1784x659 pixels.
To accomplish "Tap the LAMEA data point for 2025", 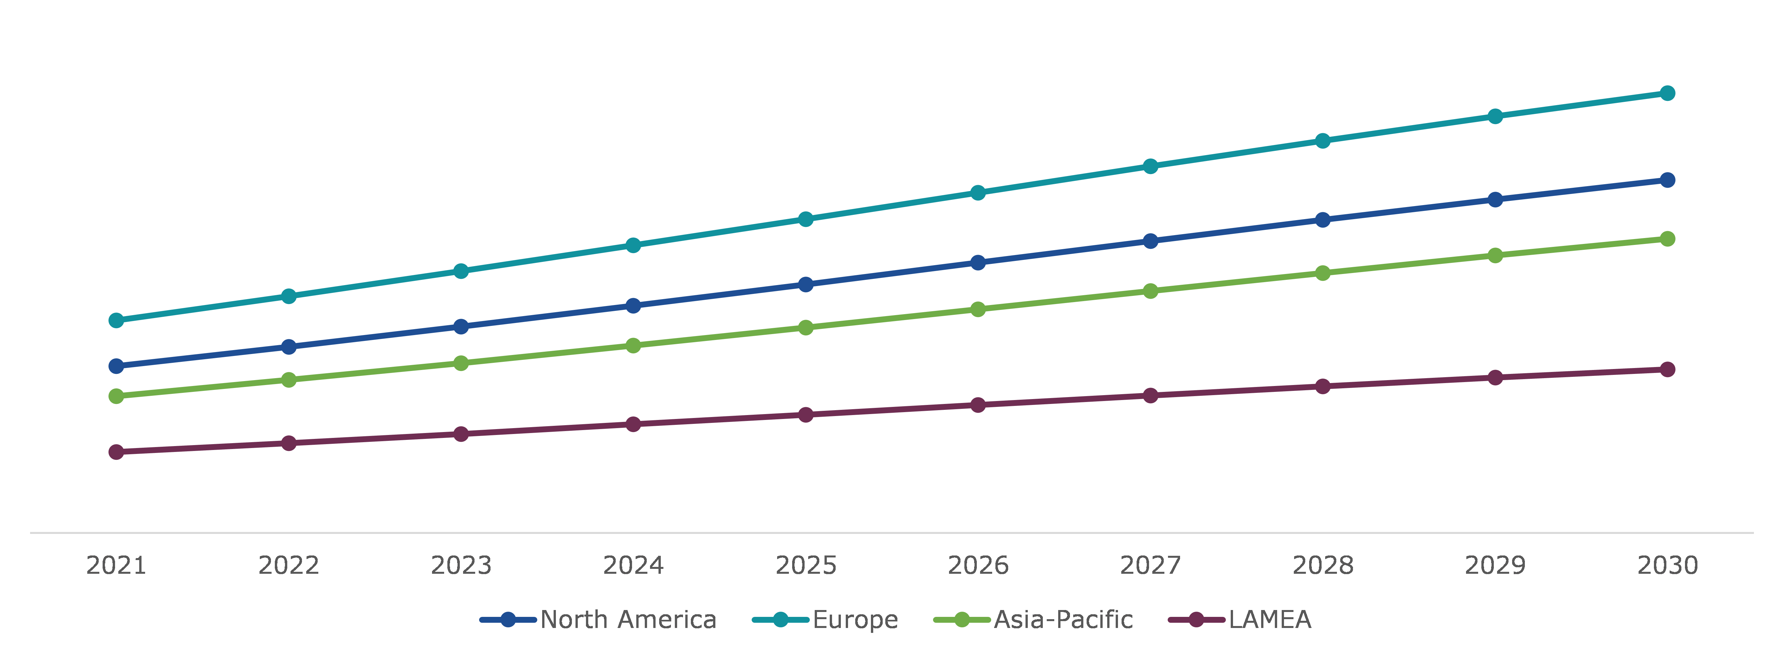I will [x=806, y=415].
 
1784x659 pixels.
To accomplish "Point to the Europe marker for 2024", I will [x=633, y=245].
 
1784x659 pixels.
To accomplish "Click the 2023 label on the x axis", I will [x=461, y=566].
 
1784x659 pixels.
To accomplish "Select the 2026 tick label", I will [x=978, y=566].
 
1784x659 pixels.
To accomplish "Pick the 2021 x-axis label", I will [x=116, y=566].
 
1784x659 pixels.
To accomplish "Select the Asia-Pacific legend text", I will [x=1063, y=619].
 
